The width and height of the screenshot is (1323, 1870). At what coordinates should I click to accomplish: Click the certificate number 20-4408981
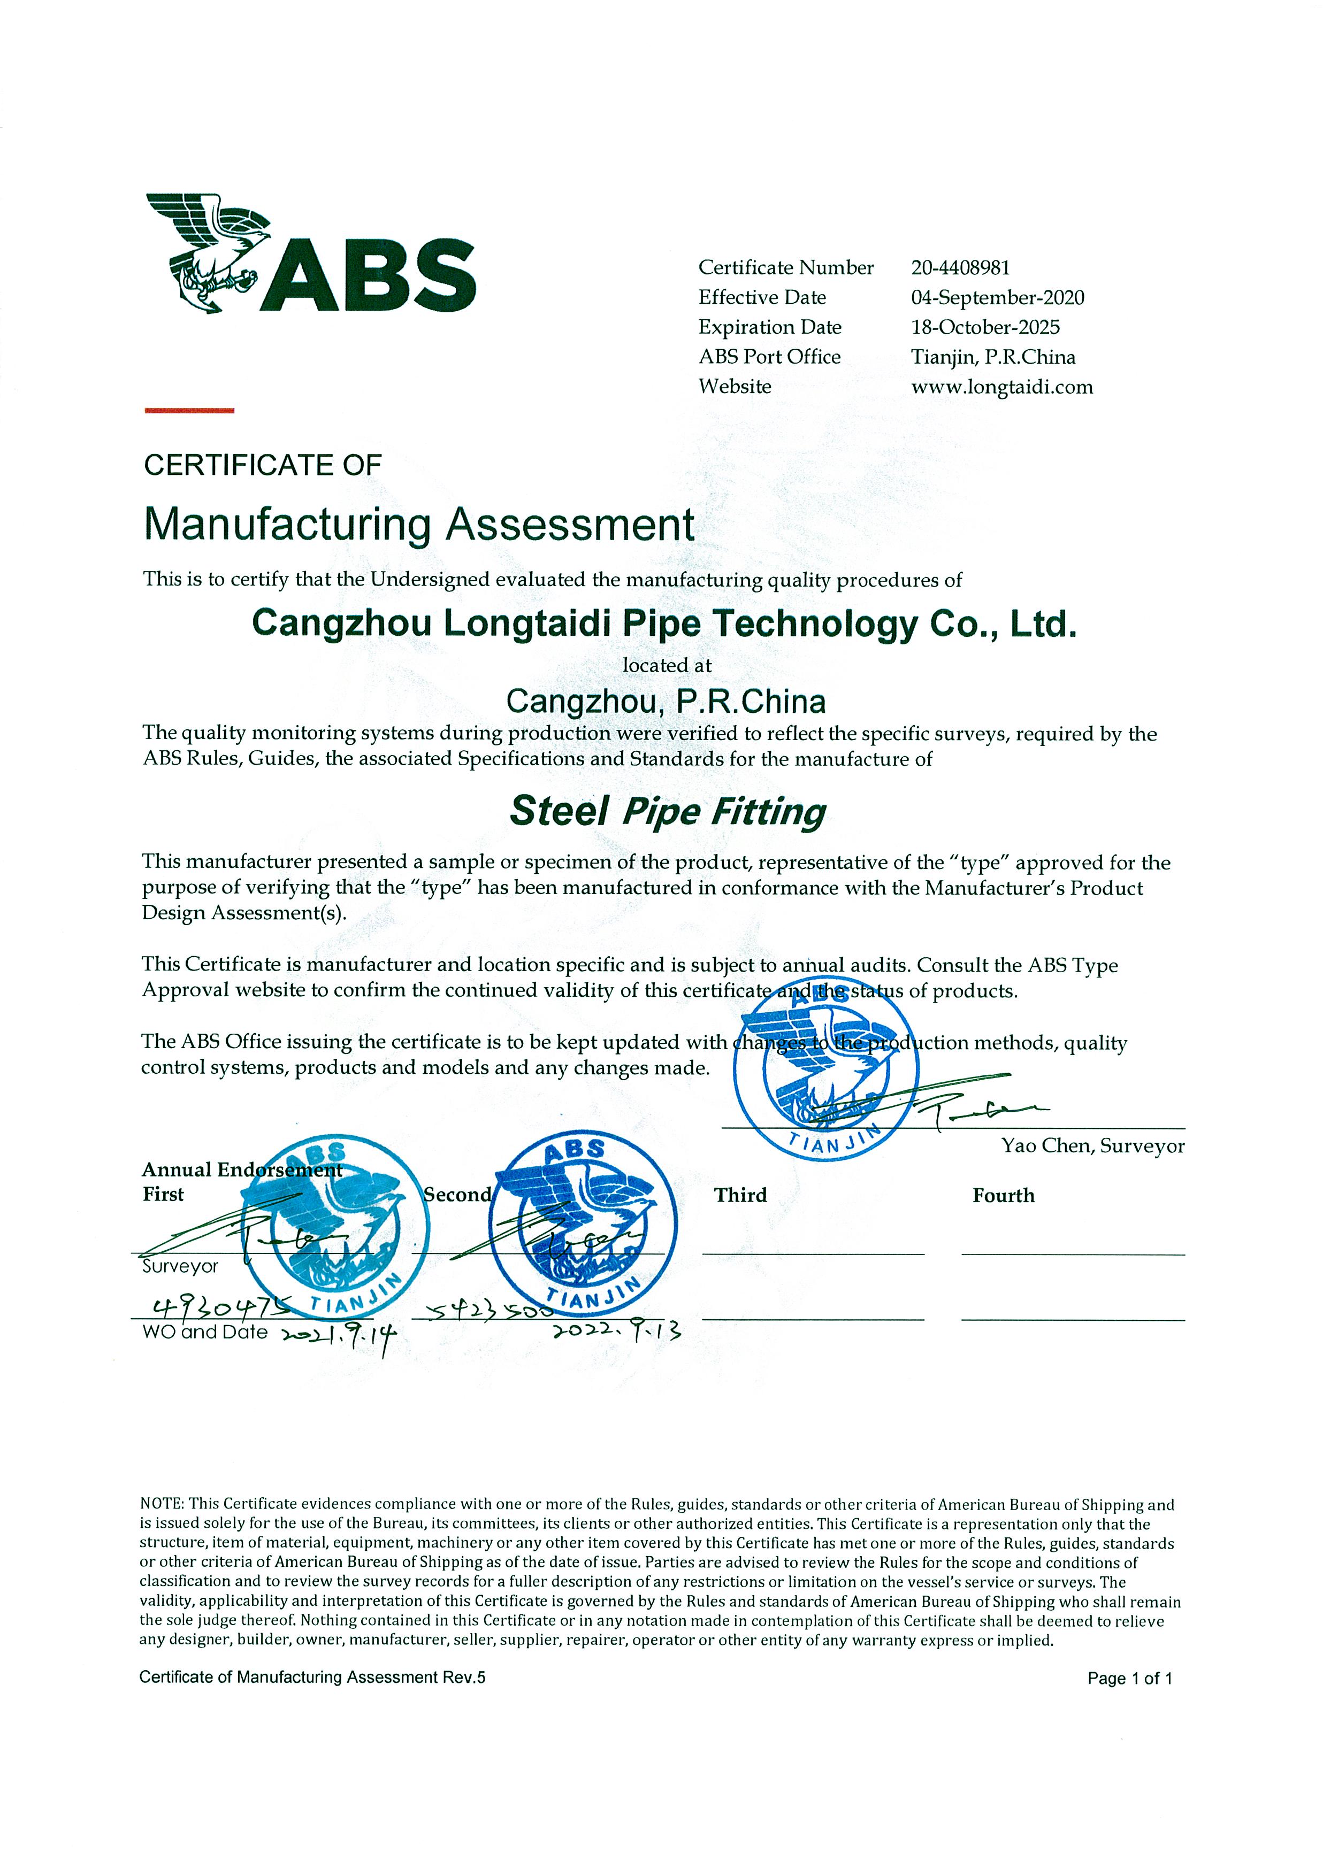pos(960,268)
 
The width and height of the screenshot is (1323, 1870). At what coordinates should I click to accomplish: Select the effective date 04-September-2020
pos(997,298)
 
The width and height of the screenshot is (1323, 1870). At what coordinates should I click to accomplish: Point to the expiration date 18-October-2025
pos(985,327)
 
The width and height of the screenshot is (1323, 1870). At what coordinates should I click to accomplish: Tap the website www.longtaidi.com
pos(1001,387)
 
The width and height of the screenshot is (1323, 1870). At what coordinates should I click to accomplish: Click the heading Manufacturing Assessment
pos(419,525)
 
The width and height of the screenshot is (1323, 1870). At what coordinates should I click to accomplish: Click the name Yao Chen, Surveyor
pos(1092,1146)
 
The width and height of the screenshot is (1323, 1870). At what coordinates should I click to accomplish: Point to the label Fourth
pos(1003,1196)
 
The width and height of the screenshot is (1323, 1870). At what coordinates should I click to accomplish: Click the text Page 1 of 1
pos(1129,1679)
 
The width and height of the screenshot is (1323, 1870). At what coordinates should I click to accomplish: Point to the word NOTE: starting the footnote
pos(162,1504)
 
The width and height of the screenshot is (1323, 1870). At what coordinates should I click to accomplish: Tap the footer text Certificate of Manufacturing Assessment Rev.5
pos(312,1677)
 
